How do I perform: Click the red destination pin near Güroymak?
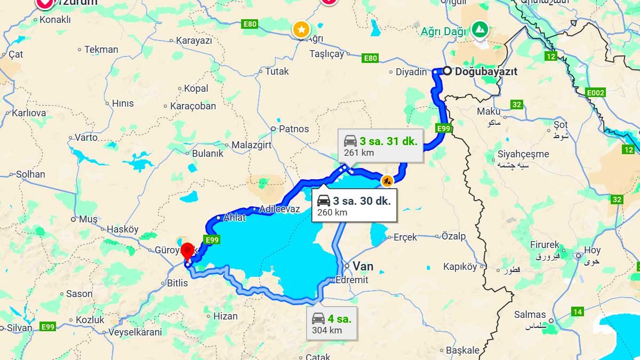187,251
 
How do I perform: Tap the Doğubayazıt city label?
486,71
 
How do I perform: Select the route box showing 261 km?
380,146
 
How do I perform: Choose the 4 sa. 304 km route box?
331,323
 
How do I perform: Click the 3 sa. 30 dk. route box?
354,205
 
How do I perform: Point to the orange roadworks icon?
387,181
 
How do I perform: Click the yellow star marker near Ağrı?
301,29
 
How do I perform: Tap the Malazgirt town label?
251,145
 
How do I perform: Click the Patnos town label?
294,129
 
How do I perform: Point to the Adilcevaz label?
279,209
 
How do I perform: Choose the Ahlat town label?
235,218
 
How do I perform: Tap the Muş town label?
89,219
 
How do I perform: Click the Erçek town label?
405,237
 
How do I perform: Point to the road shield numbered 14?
577,311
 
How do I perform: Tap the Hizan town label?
225,316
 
